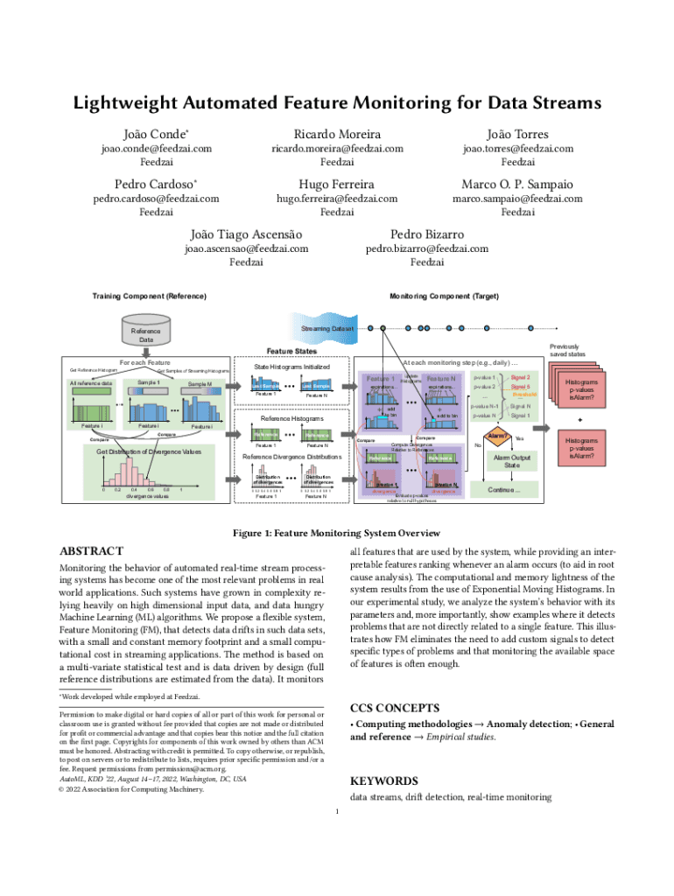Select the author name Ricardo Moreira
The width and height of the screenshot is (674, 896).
pyautogui.click(x=337, y=134)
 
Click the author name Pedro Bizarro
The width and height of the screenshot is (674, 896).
pyautogui.click(x=427, y=234)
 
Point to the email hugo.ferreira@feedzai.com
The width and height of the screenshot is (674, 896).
pyautogui.click(x=337, y=199)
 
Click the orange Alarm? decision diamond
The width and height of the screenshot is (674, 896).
pyautogui.click(x=498, y=436)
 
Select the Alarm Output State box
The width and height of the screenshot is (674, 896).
pyautogui.click(x=511, y=461)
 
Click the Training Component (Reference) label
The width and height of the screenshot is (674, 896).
pyautogui.click(x=149, y=297)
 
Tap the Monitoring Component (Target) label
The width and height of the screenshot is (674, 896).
pyautogui.click(x=444, y=297)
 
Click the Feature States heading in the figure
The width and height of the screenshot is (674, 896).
pyautogui.click(x=291, y=350)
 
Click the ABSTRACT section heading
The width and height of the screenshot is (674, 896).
pyautogui.click(x=90, y=552)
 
